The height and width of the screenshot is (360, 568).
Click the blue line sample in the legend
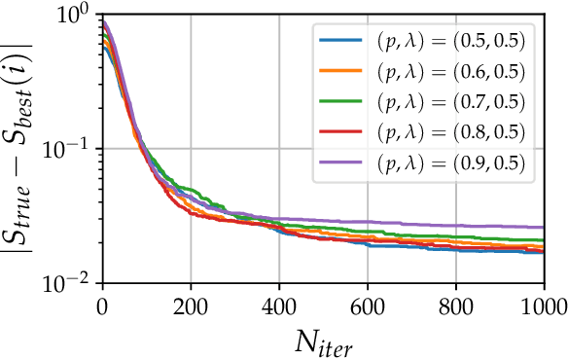click(339, 43)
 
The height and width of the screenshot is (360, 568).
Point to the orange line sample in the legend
click(339, 73)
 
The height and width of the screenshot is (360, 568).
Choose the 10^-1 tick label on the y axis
click(70, 149)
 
